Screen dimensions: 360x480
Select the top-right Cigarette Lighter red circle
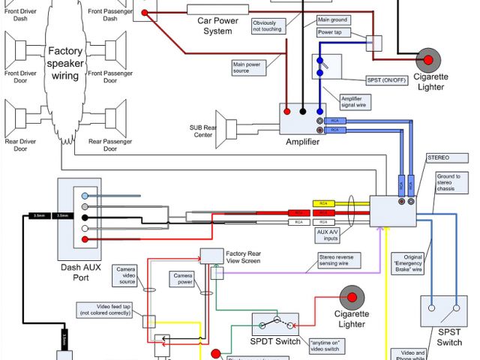pyautogui.click(x=429, y=59)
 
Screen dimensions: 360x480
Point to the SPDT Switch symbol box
pyautogui.click(x=275, y=325)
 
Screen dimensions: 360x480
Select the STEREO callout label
pyautogui.click(x=438, y=159)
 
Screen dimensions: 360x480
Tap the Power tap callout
pyautogui.click(x=331, y=33)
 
